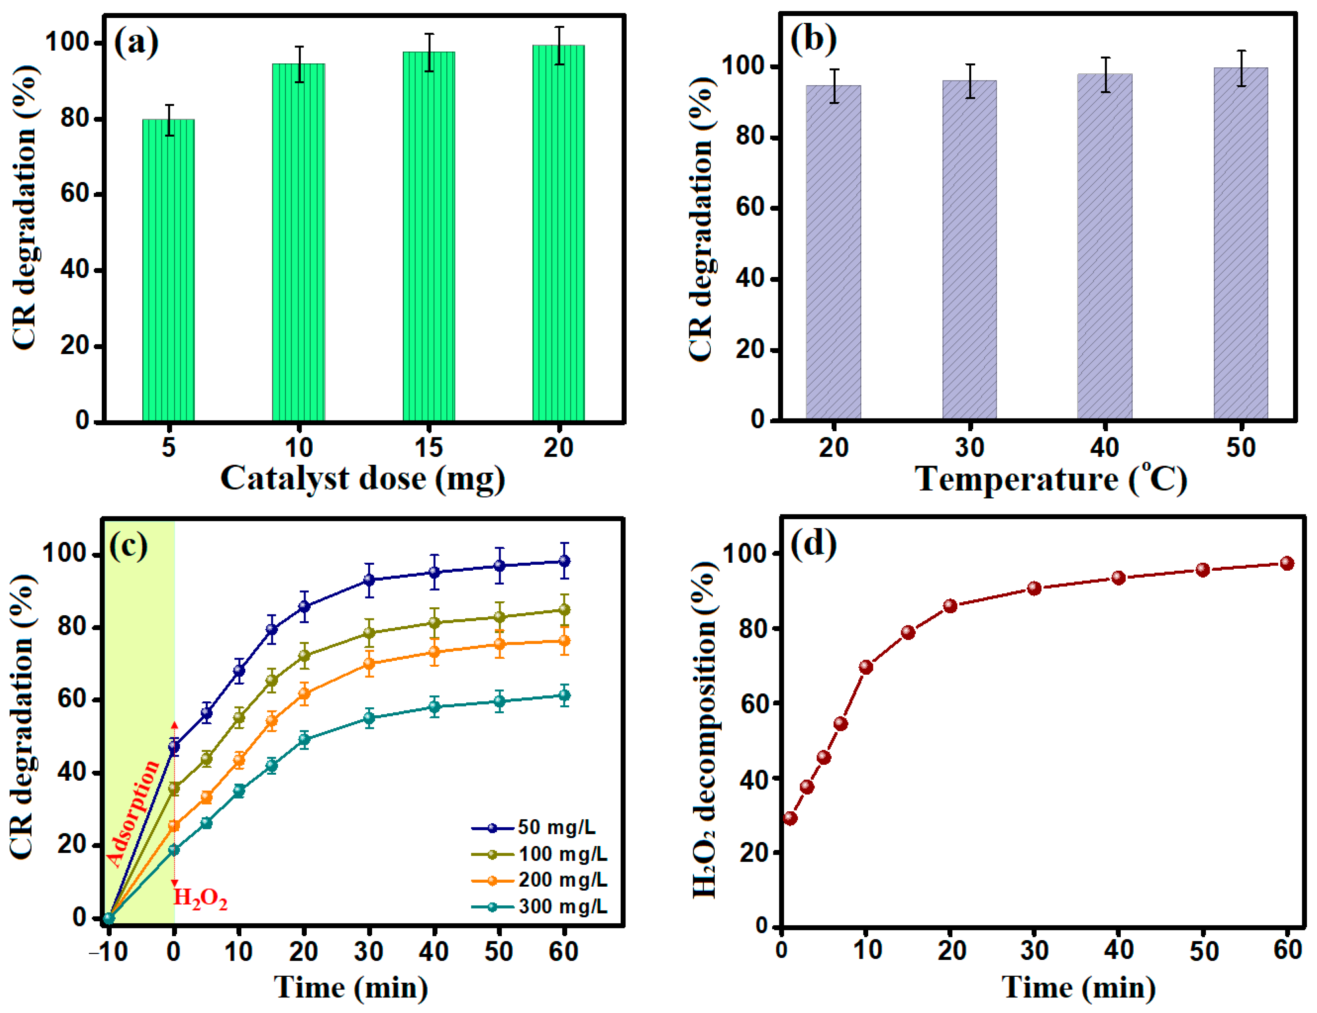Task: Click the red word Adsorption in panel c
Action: click(133, 813)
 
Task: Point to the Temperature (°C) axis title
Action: click(1051, 480)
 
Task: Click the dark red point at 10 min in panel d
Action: click(866, 666)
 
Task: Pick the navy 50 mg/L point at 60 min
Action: click(564, 561)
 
